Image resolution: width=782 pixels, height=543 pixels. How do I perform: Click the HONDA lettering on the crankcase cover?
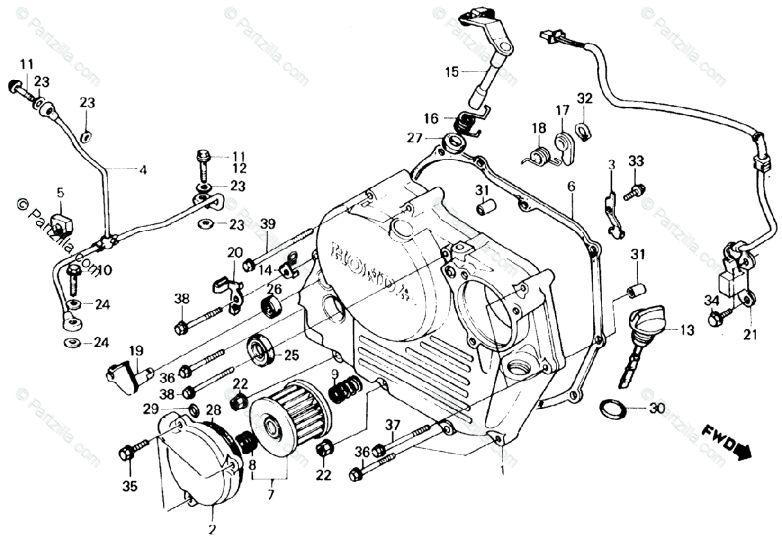pyautogui.click(x=371, y=270)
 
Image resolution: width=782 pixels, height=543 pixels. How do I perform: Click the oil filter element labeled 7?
pyautogui.click(x=287, y=417)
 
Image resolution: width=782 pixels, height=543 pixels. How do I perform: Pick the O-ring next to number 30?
pyautogui.click(x=613, y=409)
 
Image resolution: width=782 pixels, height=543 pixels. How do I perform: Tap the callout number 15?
pyautogui.click(x=452, y=72)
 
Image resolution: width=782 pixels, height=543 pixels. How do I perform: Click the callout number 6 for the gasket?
pyautogui.click(x=571, y=186)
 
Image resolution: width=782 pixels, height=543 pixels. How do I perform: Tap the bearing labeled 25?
pyautogui.click(x=260, y=352)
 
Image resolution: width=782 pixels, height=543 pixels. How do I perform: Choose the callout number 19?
pyautogui.click(x=136, y=351)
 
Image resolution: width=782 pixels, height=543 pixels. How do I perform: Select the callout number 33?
pyautogui.click(x=636, y=161)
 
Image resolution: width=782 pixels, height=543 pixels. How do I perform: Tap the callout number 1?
pyautogui.click(x=502, y=469)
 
